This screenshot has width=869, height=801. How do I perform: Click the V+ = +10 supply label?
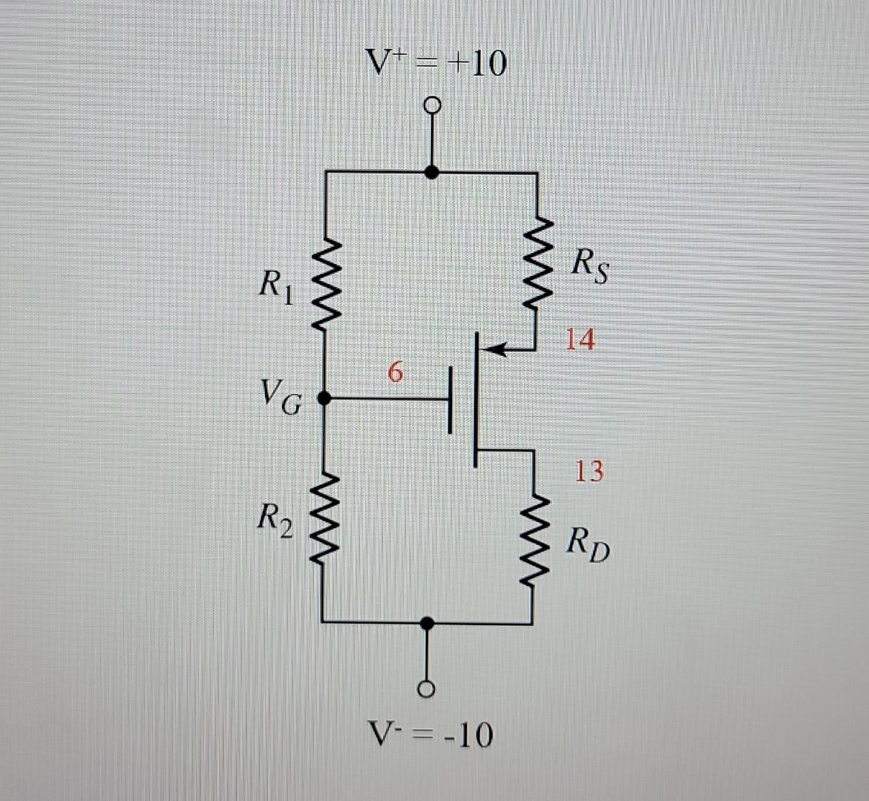[x=437, y=64]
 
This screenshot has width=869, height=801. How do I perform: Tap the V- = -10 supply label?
[x=430, y=735]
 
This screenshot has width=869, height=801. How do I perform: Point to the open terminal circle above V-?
[x=425, y=689]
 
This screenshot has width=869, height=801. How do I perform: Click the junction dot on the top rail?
[x=431, y=172]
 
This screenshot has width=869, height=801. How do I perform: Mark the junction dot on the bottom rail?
[x=426, y=624]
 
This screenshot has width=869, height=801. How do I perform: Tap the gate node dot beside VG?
[x=324, y=398]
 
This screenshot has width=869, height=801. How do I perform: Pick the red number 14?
[x=580, y=340]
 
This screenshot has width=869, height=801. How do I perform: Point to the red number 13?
[x=589, y=471]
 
